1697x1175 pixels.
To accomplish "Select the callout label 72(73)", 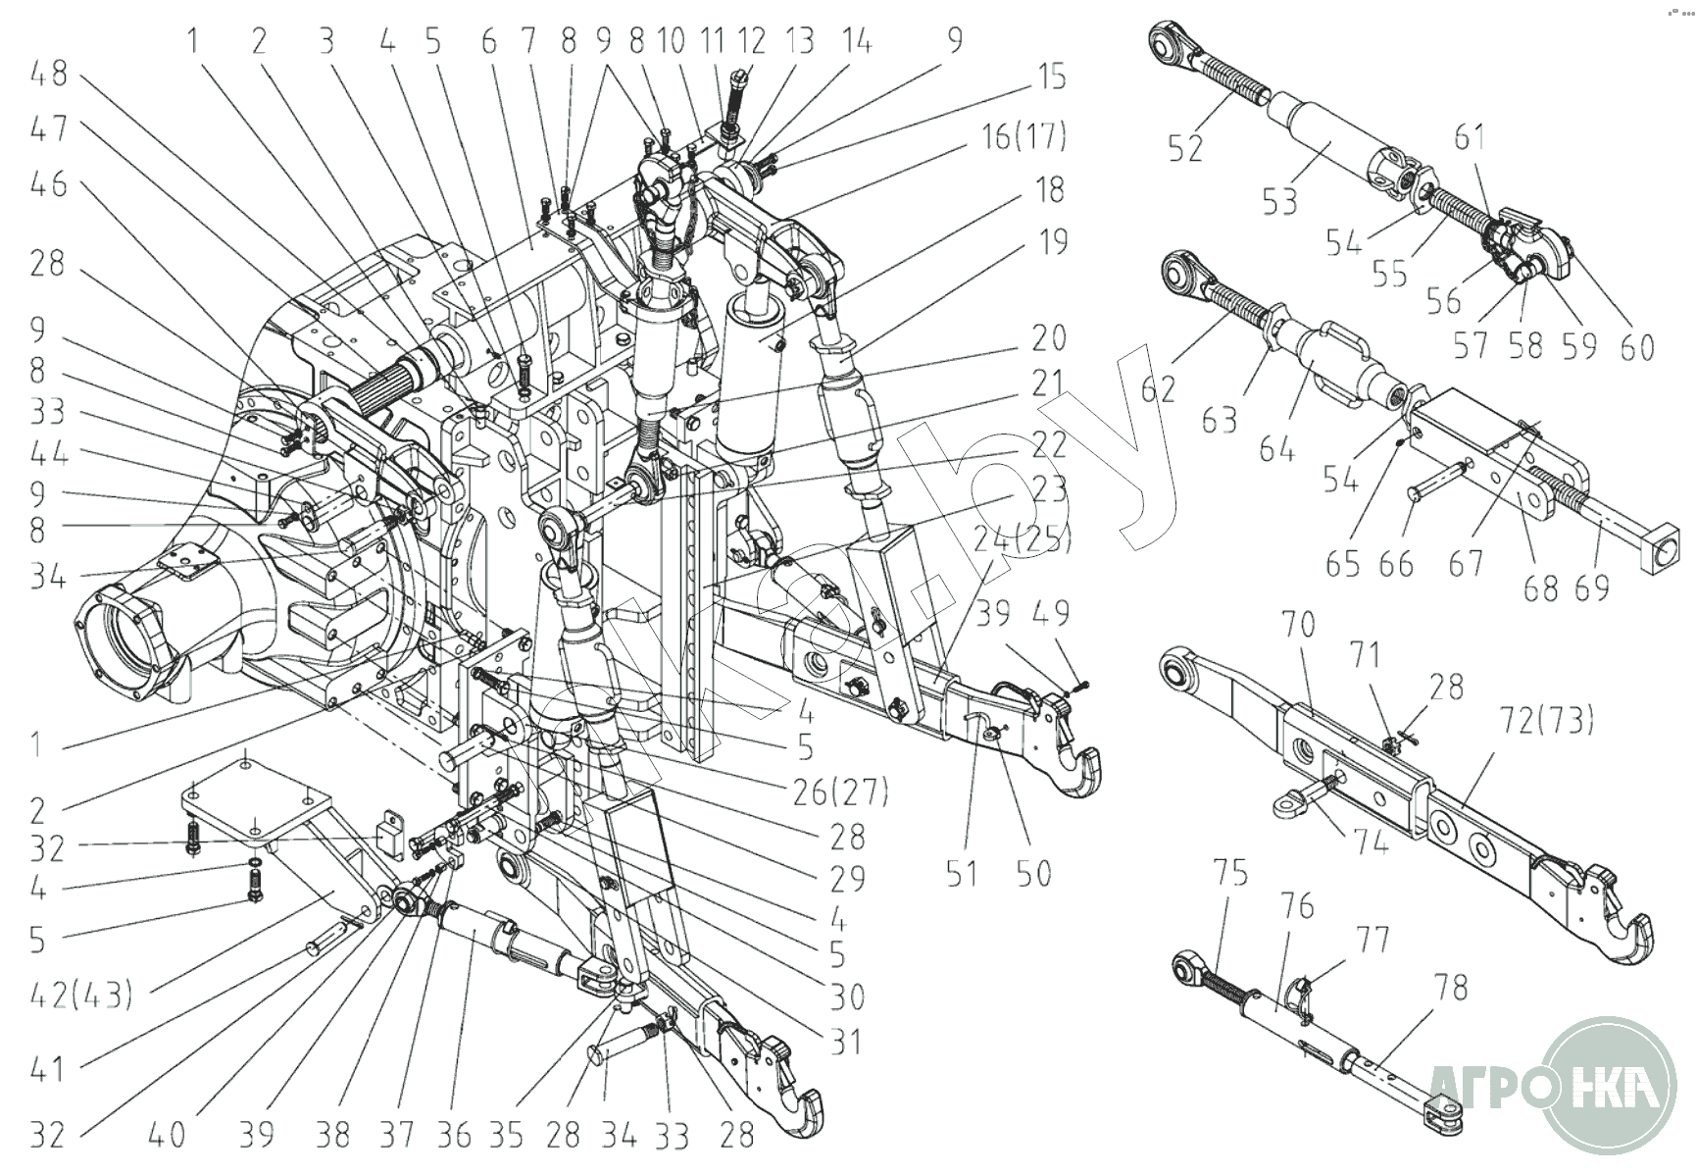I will [1546, 721].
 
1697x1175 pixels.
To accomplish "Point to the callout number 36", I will [452, 1135].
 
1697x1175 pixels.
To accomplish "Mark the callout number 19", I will [1052, 241].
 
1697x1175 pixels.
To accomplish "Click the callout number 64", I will [1276, 449].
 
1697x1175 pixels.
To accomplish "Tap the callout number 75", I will [1231, 871].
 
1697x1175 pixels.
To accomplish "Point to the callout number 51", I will [962, 872].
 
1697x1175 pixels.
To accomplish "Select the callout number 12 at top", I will [751, 41].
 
